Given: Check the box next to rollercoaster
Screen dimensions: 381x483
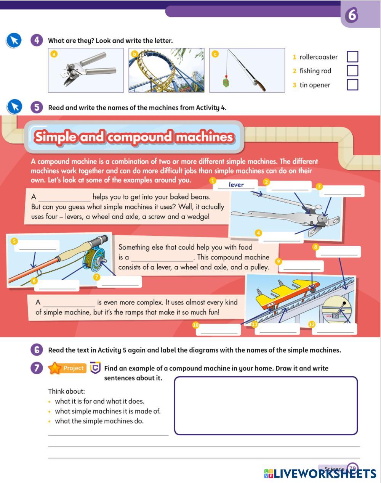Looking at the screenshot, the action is click(352, 56).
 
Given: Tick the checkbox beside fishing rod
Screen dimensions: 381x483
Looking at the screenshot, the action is click(352, 71).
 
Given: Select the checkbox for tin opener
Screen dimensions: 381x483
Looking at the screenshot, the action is click(352, 85).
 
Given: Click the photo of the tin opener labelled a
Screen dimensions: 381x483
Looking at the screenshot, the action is click(86, 70).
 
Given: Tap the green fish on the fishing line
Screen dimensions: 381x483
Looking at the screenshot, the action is click(226, 82).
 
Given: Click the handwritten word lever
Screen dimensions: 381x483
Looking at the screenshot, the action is click(236, 185).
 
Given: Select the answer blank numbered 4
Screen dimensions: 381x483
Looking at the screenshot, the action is click(282, 237).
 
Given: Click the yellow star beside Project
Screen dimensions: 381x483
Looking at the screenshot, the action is click(55, 368).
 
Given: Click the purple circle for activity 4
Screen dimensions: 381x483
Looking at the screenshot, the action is click(37, 40).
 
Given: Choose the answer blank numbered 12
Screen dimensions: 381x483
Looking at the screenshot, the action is click(335, 329).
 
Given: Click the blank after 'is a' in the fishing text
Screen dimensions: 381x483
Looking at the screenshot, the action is click(162, 258).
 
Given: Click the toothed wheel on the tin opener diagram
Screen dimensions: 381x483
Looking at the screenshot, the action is click(322, 218).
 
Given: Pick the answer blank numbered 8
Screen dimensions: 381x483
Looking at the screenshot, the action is click(338, 251).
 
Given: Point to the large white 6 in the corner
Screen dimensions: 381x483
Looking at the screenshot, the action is click(352, 15).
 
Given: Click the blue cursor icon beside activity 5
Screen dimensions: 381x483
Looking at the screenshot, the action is click(14, 107).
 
